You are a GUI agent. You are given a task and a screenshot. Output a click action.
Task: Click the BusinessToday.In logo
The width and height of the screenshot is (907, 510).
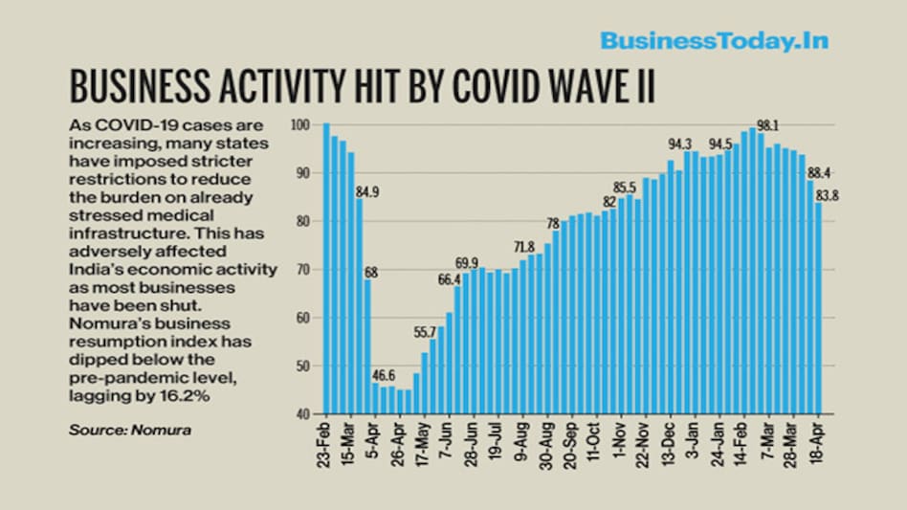(714, 40)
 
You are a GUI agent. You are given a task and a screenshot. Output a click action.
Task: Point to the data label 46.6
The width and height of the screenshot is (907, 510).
(385, 373)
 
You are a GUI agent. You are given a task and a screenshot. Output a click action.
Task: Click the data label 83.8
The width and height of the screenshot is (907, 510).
(828, 195)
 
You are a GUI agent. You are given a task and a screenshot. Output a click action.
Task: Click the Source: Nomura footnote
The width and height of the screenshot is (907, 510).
(129, 431)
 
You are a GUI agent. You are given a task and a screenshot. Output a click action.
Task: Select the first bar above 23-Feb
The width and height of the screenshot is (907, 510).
(326, 269)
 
